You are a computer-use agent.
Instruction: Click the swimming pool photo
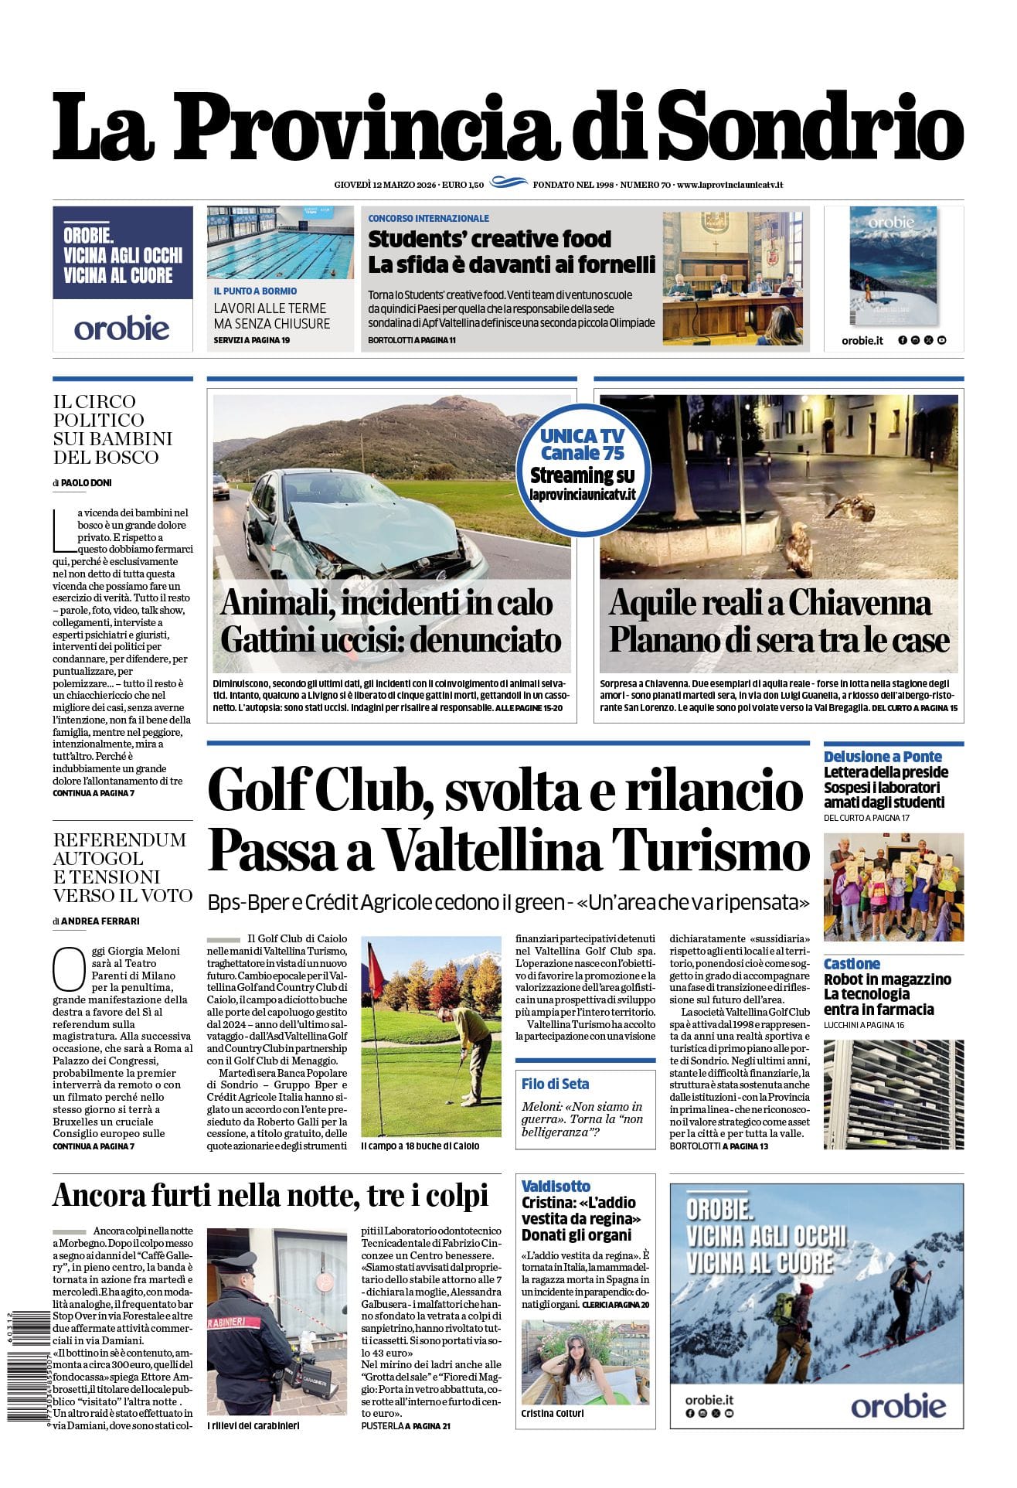(x=280, y=243)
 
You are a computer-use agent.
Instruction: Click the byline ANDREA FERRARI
(x=100, y=921)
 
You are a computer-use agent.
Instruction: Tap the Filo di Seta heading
(x=555, y=1084)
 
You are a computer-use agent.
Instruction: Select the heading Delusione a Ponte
(x=883, y=756)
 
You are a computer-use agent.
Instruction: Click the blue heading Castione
(x=852, y=964)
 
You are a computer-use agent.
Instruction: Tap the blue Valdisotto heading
(x=556, y=1186)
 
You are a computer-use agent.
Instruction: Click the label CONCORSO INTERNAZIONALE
(x=428, y=219)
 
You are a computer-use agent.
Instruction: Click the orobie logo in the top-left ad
(x=122, y=329)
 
